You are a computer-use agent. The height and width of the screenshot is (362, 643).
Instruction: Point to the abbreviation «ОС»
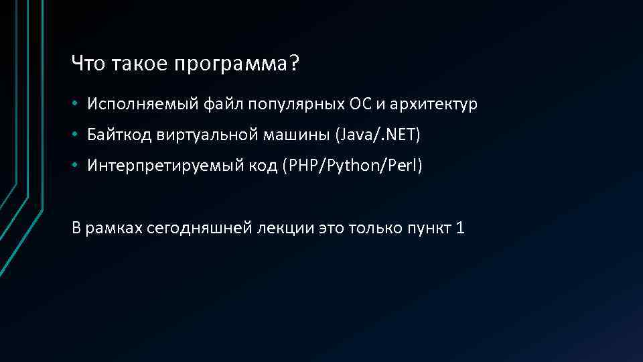(x=356, y=105)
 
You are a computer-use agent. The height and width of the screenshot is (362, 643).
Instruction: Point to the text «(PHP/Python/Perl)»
(x=353, y=166)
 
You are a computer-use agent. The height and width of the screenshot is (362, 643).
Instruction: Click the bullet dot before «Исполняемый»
(x=77, y=105)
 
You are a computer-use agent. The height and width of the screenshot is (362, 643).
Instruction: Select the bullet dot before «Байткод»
(x=77, y=136)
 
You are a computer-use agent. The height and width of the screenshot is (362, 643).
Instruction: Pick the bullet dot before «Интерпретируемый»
(x=77, y=167)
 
